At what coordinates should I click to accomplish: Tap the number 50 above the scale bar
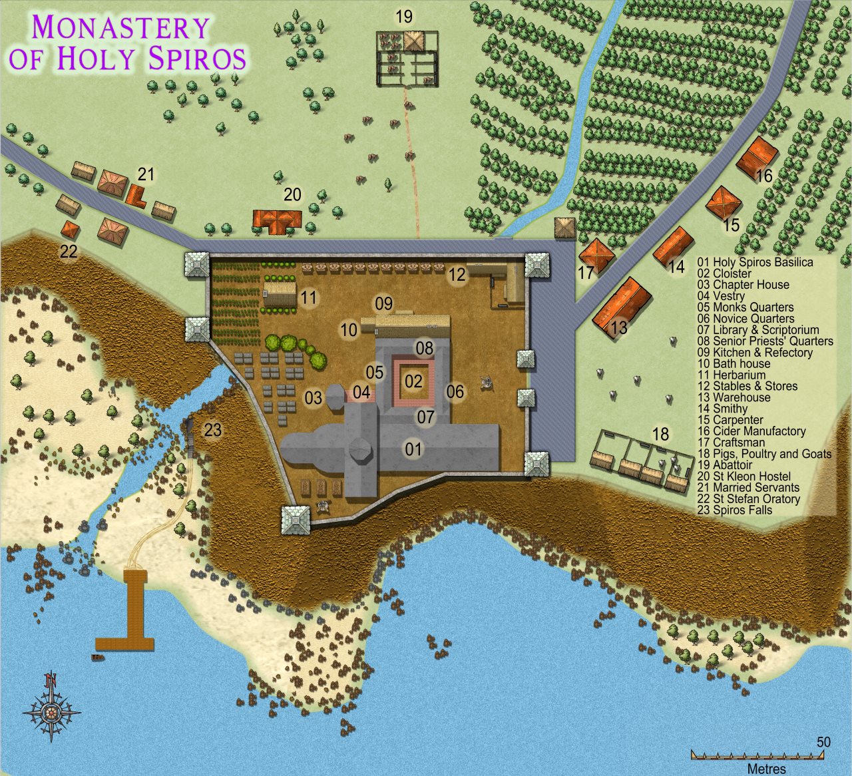pyautogui.click(x=823, y=742)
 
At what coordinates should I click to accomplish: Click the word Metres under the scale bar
pyautogui.click(x=765, y=769)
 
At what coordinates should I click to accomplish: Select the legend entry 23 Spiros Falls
pyautogui.click(x=734, y=510)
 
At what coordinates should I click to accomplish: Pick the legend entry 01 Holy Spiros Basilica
pyautogui.click(x=755, y=262)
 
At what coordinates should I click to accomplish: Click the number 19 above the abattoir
pyautogui.click(x=404, y=17)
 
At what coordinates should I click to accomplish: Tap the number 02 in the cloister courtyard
pyautogui.click(x=413, y=381)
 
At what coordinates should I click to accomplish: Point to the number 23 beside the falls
pyautogui.click(x=212, y=431)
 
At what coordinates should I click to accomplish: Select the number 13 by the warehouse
pyautogui.click(x=618, y=327)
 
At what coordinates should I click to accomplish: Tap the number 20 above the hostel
pyautogui.click(x=292, y=195)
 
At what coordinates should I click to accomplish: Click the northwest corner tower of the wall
pyautogui.click(x=197, y=264)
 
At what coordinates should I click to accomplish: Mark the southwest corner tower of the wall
pyautogui.click(x=296, y=519)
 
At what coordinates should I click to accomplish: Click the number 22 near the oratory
pyautogui.click(x=69, y=252)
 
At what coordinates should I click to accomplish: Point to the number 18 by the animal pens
pyautogui.click(x=660, y=435)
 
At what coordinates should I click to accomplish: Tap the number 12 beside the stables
pyautogui.click(x=457, y=274)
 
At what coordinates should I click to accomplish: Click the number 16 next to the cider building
pyautogui.click(x=763, y=176)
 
